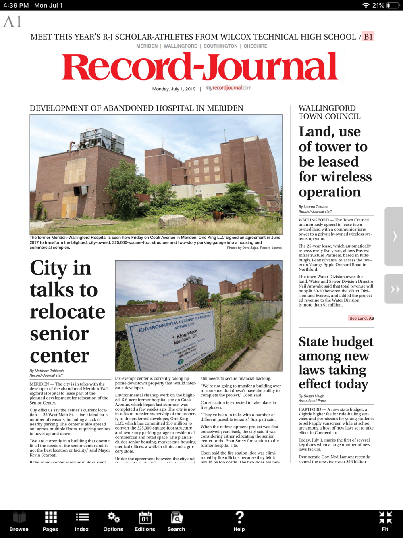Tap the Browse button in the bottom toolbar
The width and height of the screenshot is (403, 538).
[19, 521]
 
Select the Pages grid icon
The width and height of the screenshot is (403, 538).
[50, 521]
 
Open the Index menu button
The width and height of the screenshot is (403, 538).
[82, 521]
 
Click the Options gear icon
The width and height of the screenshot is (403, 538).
[113, 521]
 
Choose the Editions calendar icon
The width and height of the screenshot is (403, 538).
[145, 521]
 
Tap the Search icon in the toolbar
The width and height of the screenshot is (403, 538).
[176, 521]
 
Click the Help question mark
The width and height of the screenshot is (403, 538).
[239, 521]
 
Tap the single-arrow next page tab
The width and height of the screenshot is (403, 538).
[394, 236]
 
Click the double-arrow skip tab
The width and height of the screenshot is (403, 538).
[394, 289]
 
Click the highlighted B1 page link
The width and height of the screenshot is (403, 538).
[368, 37]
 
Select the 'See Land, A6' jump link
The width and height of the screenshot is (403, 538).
[361, 318]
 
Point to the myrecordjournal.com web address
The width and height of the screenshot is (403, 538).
[228, 88]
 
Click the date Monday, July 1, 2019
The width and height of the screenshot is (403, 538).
[174, 89]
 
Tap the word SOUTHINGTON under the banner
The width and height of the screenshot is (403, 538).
[220, 46]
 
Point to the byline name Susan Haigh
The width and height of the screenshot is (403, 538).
[315, 396]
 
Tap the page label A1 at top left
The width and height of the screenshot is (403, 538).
[12, 22]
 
